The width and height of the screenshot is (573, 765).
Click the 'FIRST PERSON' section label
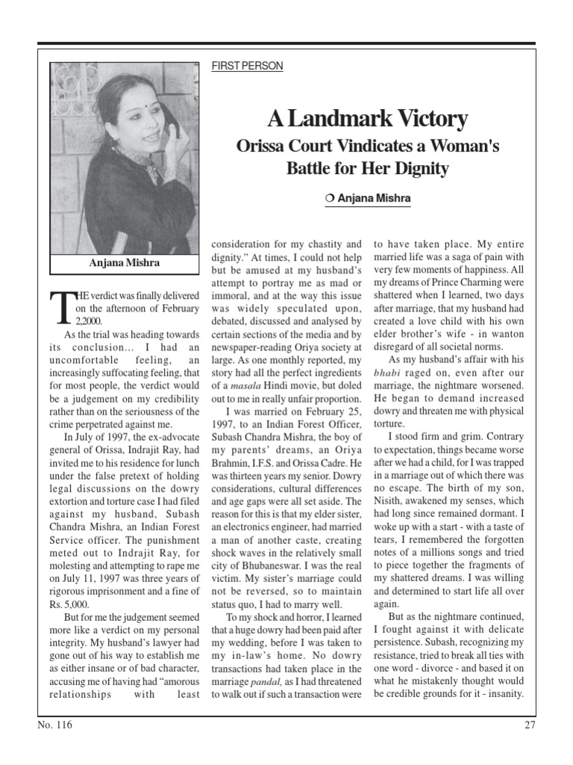click(248, 66)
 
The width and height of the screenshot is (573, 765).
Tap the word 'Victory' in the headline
click(432, 119)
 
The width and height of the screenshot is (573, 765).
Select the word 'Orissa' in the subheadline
click(264, 146)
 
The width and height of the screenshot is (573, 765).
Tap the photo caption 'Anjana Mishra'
click(124, 264)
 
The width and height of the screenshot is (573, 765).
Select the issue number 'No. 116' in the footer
click(55, 725)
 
